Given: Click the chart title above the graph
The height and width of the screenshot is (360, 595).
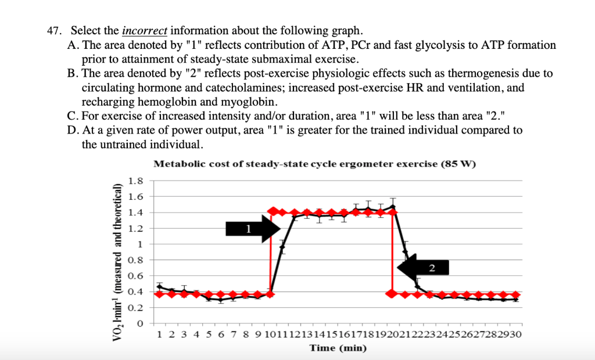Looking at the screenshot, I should pyautogui.click(x=314, y=164).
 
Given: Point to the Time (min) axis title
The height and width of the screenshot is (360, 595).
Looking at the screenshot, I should pyautogui.click(x=338, y=348).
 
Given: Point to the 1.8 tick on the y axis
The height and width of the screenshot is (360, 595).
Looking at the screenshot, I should pyautogui.click(x=135, y=181).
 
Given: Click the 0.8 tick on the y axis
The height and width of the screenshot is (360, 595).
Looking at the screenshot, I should pyautogui.click(x=135, y=260).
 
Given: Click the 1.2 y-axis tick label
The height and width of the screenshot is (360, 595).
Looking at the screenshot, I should pyautogui.click(x=135, y=228).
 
